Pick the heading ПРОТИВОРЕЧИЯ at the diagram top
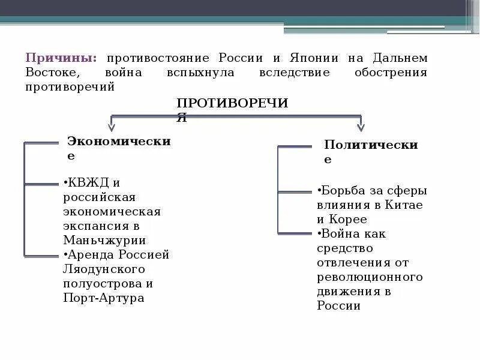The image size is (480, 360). tap(232, 104)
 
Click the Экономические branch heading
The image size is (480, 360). tap(119, 142)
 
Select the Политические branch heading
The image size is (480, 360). tap(370, 146)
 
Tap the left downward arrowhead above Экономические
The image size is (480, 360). tap(112, 127)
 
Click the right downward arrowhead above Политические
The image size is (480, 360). tap(361, 127)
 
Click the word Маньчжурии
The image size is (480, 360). tap(104, 240)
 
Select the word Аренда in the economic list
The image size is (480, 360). tap(95, 254)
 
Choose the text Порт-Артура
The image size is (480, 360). tap(104, 298)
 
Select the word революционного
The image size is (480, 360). tap(370, 277)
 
